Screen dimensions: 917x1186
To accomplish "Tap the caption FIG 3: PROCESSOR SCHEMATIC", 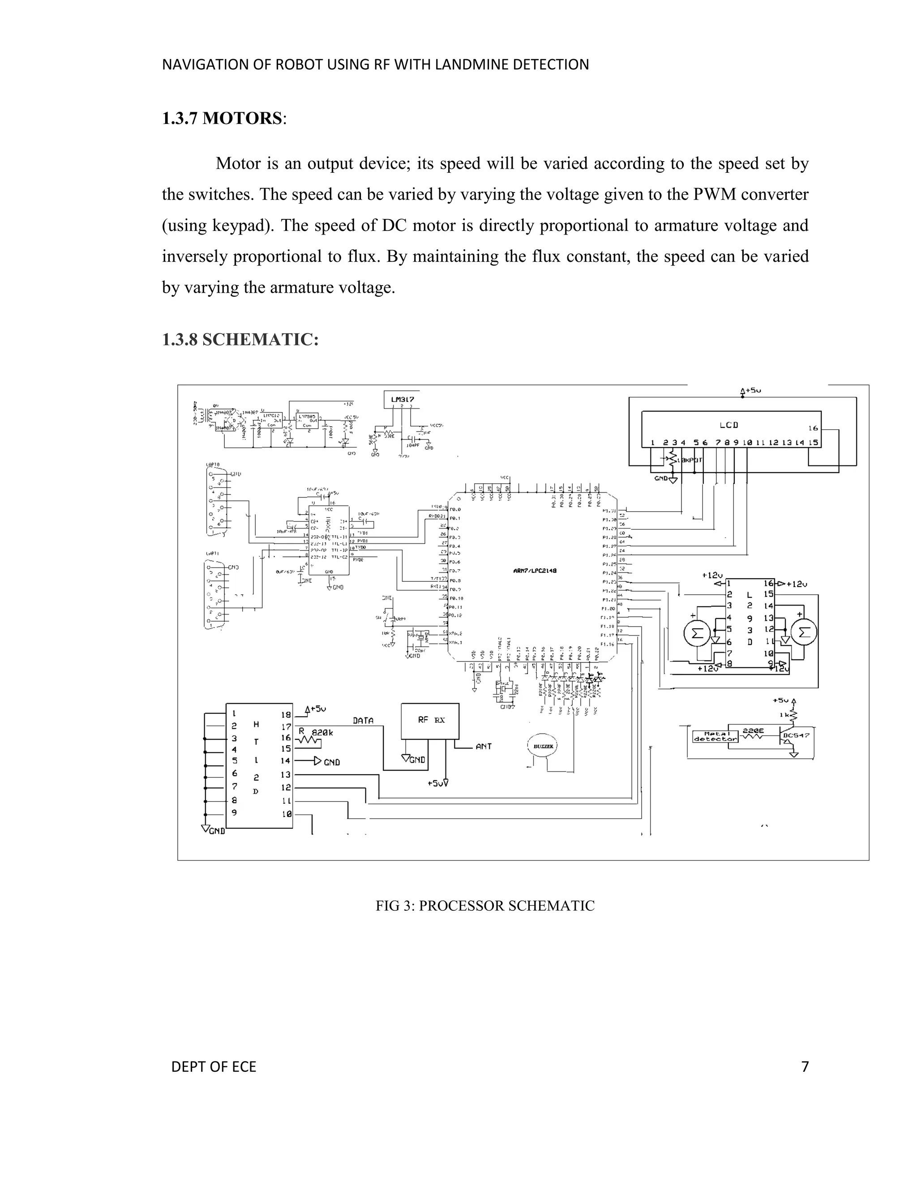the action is coord(485,906).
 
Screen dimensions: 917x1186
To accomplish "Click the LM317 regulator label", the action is coord(403,399).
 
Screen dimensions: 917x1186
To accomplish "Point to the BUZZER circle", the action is coord(542,746).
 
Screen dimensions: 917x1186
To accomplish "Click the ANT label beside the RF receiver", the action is coord(484,746).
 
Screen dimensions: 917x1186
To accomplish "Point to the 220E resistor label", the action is coord(753,731).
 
